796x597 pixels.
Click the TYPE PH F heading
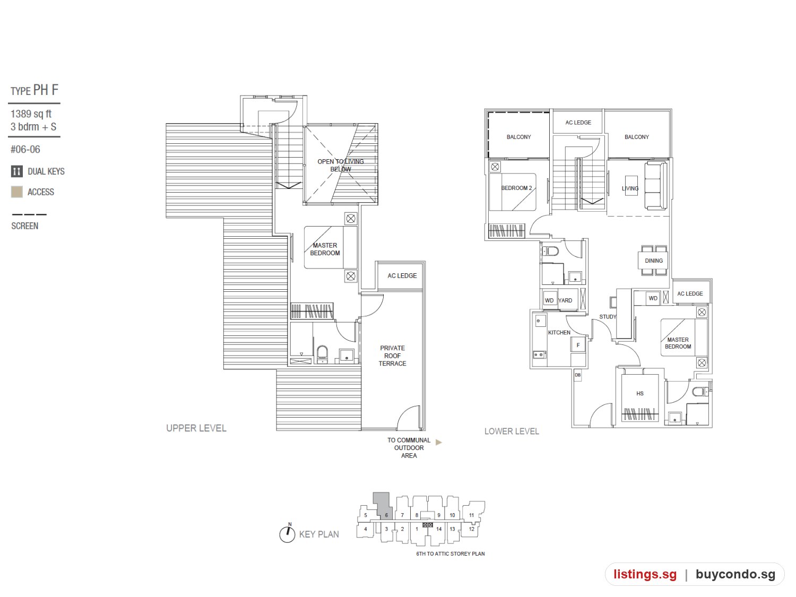click(34, 90)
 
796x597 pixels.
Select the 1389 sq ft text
click(31, 114)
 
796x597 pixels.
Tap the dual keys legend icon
click(16, 171)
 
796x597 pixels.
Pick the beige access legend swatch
click(16, 192)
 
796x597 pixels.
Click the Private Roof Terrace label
click(392, 356)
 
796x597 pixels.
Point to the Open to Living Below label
click(341, 165)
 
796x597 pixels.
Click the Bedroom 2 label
click(516, 188)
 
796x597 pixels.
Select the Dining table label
click(653, 261)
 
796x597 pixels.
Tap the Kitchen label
click(559, 332)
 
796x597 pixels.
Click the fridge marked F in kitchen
click(578, 345)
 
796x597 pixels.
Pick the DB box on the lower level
click(578, 375)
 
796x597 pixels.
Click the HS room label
click(639, 393)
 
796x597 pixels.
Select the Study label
click(608, 317)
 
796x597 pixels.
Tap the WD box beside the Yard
click(549, 300)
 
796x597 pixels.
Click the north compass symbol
click(287, 534)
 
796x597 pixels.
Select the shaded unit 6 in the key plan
click(383, 506)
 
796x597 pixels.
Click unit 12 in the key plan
click(471, 529)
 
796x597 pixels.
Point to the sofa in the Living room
click(656, 186)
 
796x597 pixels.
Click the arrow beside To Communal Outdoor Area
click(438, 442)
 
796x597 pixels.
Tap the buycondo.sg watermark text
click(735, 574)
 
